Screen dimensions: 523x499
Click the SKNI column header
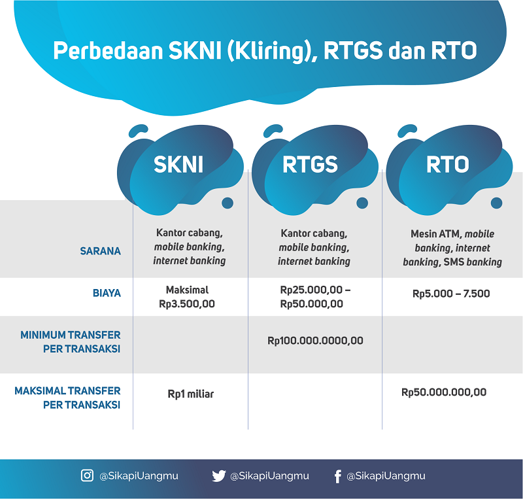(x=178, y=165)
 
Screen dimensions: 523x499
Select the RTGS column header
(x=310, y=165)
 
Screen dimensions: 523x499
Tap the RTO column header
(x=448, y=165)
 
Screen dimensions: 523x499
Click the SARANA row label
(x=101, y=251)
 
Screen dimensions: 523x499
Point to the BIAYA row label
(x=107, y=293)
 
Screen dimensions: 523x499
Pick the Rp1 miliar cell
(x=190, y=394)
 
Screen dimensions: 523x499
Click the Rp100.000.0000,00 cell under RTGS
(x=315, y=341)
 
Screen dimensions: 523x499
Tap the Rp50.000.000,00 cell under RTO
(x=444, y=392)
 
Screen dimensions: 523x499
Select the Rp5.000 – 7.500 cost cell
(x=451, y=294)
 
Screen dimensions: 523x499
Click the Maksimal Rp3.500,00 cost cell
(x=187, y=297)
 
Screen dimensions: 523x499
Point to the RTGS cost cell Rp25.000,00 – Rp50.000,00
(x=315, y=297)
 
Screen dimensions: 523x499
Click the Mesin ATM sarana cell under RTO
(x=452, y=248)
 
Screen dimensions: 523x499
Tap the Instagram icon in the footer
(x=87, y=475)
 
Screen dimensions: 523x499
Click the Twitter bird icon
(x=219, y=476)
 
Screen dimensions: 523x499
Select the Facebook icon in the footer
(x=337, y=476)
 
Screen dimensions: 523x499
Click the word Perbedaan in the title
(x=108, y=51)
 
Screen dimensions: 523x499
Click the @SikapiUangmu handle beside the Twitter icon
(x=269, y=475)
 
